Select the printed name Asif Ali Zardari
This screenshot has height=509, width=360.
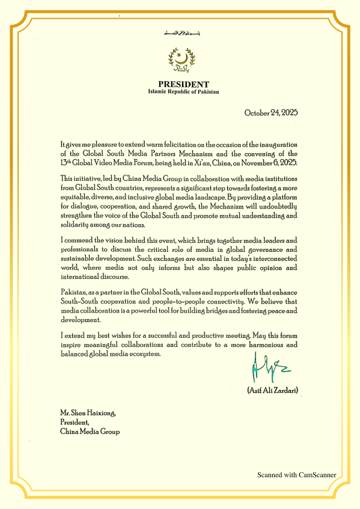273,391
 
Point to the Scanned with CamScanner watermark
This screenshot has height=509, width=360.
297,475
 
